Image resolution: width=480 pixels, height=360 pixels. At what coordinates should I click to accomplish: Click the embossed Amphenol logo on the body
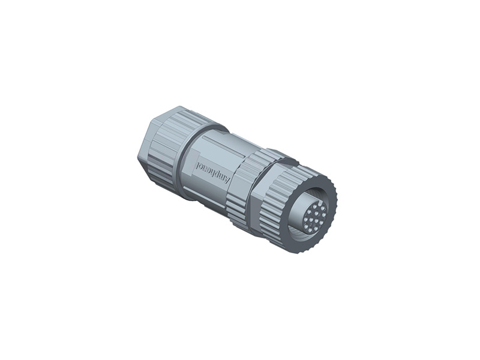coord(214,170)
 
